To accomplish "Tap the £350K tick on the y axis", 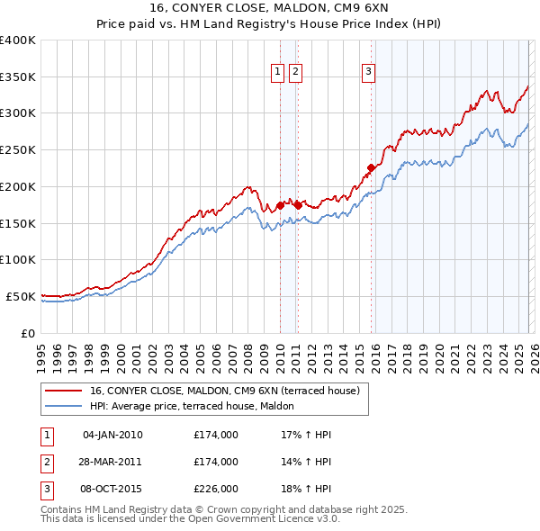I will point(18,77).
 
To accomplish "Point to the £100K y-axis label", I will point(18,259).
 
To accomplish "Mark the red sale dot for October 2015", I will point(371,166).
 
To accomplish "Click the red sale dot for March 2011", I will point(298,205).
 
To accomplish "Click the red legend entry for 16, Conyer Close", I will point(224,391).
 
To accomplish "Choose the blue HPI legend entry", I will point(198,406).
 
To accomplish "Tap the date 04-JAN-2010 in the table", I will point(112,435).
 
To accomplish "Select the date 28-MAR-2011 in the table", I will point(112,462).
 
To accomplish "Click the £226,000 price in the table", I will point(216,489).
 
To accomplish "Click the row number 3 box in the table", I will point(47,489).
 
